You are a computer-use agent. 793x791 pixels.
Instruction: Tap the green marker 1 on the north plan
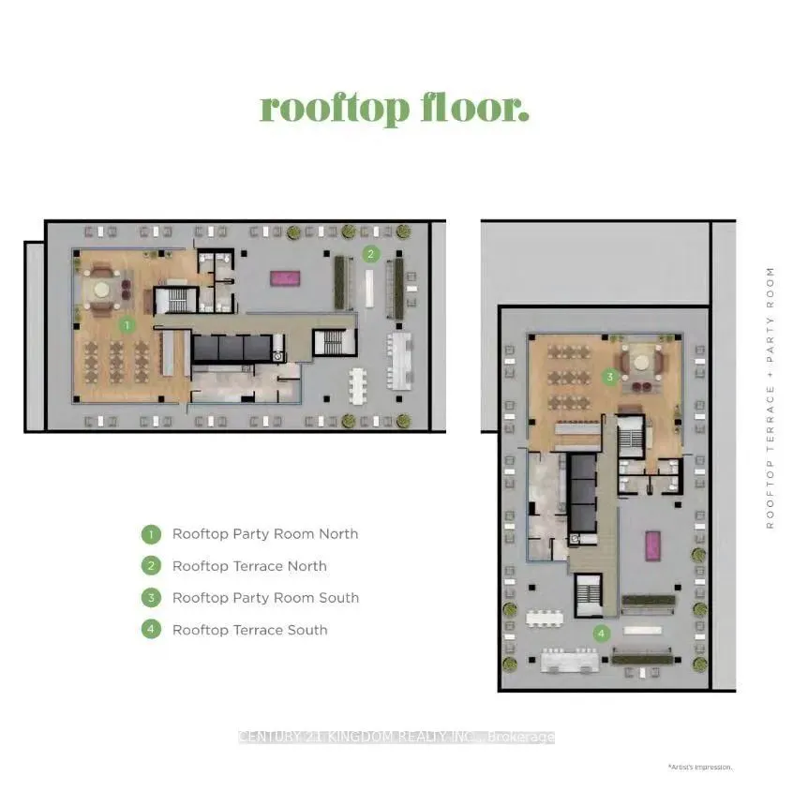tap(127, 325)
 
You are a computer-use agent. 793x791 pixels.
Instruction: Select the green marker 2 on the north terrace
tap(371, 253)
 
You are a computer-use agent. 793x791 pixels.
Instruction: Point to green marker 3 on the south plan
tap(609, 378)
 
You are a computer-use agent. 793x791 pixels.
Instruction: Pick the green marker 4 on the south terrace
tap(600, 634)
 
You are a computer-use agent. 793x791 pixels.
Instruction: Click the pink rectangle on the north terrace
tap(282, 277)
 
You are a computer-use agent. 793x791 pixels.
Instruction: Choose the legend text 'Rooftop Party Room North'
tap(265, 534)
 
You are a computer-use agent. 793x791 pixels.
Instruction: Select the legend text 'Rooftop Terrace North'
tap(249, 566)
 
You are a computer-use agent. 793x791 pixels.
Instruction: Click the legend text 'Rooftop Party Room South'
tap(265, 598)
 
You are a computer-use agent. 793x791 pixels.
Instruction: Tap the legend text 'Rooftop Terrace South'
tap(249, 630)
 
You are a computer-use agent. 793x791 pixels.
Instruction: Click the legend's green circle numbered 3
tap(151, 598)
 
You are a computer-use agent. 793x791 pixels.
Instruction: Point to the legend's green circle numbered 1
tap(151, 534)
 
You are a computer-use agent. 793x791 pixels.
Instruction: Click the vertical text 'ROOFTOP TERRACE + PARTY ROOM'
tap(771, 398)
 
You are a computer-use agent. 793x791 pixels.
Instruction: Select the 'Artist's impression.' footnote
tap(700, 767)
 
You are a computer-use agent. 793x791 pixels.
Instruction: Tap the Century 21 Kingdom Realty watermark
tap(396, 738)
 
